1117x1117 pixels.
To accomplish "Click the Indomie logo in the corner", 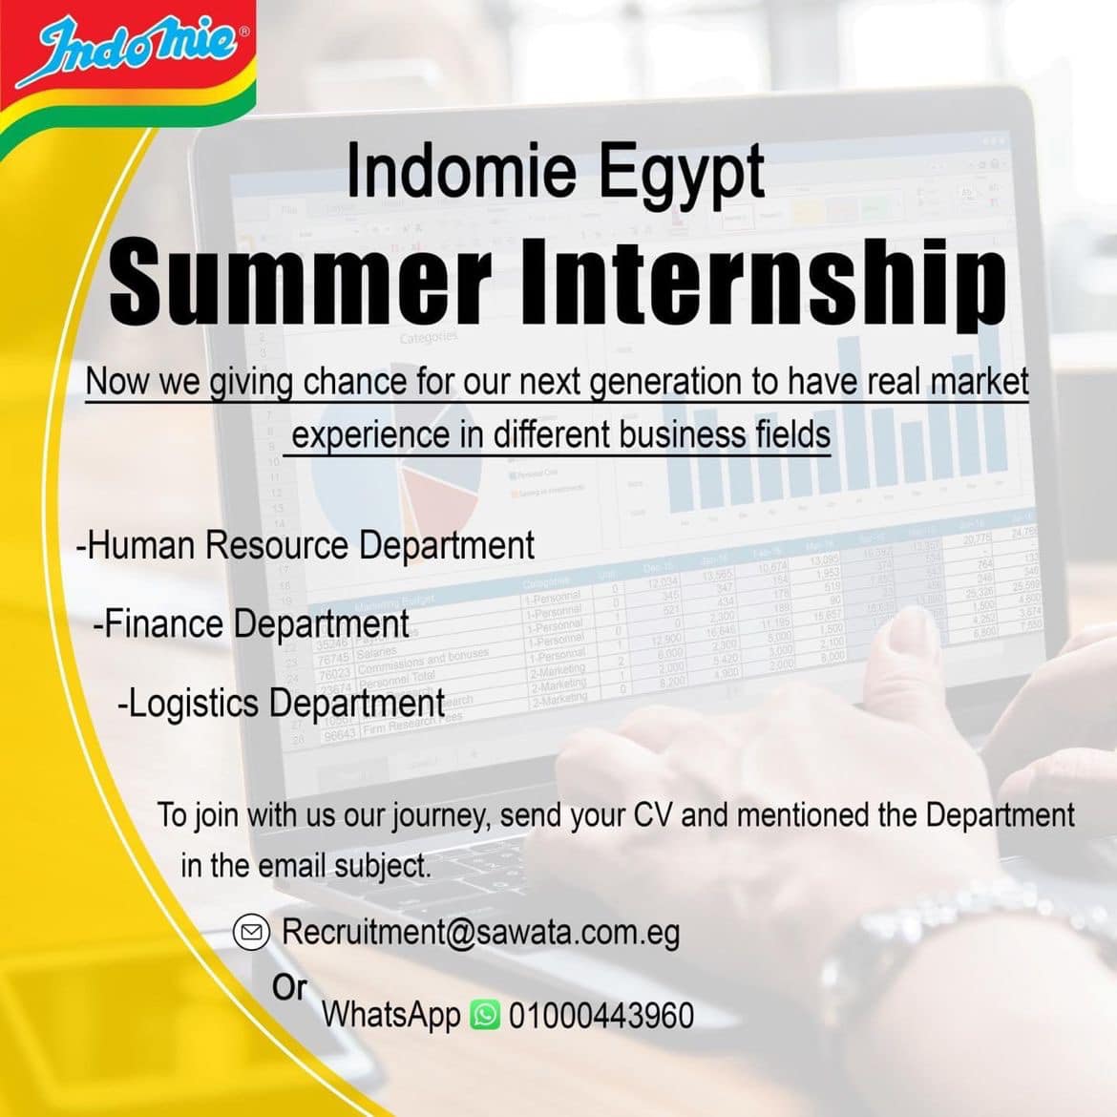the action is [135, 52].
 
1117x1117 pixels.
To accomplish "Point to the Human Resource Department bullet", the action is [306, 546].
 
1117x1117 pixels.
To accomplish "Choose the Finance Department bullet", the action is [251, 624].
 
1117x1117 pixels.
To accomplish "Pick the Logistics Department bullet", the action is [282, 704].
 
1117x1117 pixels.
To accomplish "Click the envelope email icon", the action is [251, 933].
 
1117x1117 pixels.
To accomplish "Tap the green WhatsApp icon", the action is [485, 1015].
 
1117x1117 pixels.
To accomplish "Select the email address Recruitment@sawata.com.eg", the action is [481, 933].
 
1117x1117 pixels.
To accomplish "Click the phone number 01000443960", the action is [601, 1016].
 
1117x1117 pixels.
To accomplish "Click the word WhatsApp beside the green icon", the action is [391, 1016].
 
